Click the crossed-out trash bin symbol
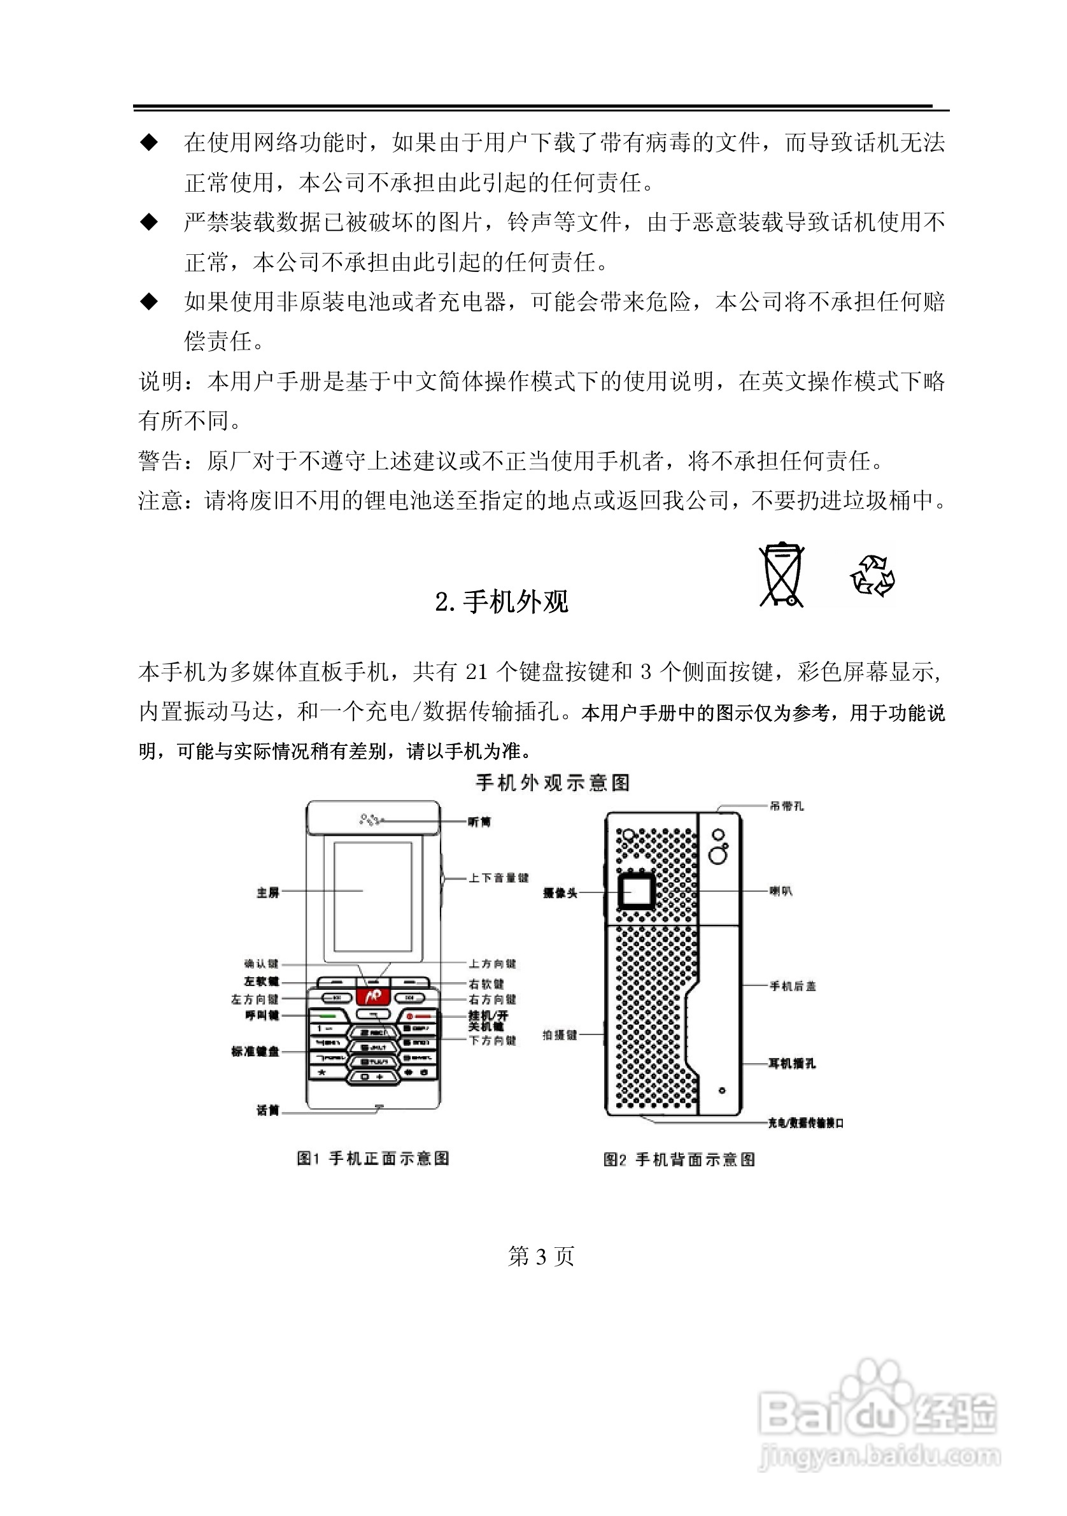tap(781, 574)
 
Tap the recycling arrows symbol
tap(872, 576)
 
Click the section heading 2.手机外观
tap(502, 601)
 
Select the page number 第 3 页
tap(541, 1255)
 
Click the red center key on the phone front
tap(373, 996)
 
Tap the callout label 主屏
tap(268, 892)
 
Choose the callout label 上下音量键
tap(498, 878)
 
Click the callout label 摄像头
tap(560, 892)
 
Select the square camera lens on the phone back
tap(636, 891)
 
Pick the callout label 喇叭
tap(781, 891)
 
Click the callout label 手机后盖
tap(793, 987)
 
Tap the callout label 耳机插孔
tap(792, 1064)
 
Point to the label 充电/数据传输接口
tap(805, 1122)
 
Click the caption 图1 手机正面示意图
tap(373, 1158)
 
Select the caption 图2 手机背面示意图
tap(679, 1159)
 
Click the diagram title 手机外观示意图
tap(553, 783)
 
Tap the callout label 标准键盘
tap(255, 1051)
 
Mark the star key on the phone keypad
tap(323, 1073)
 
